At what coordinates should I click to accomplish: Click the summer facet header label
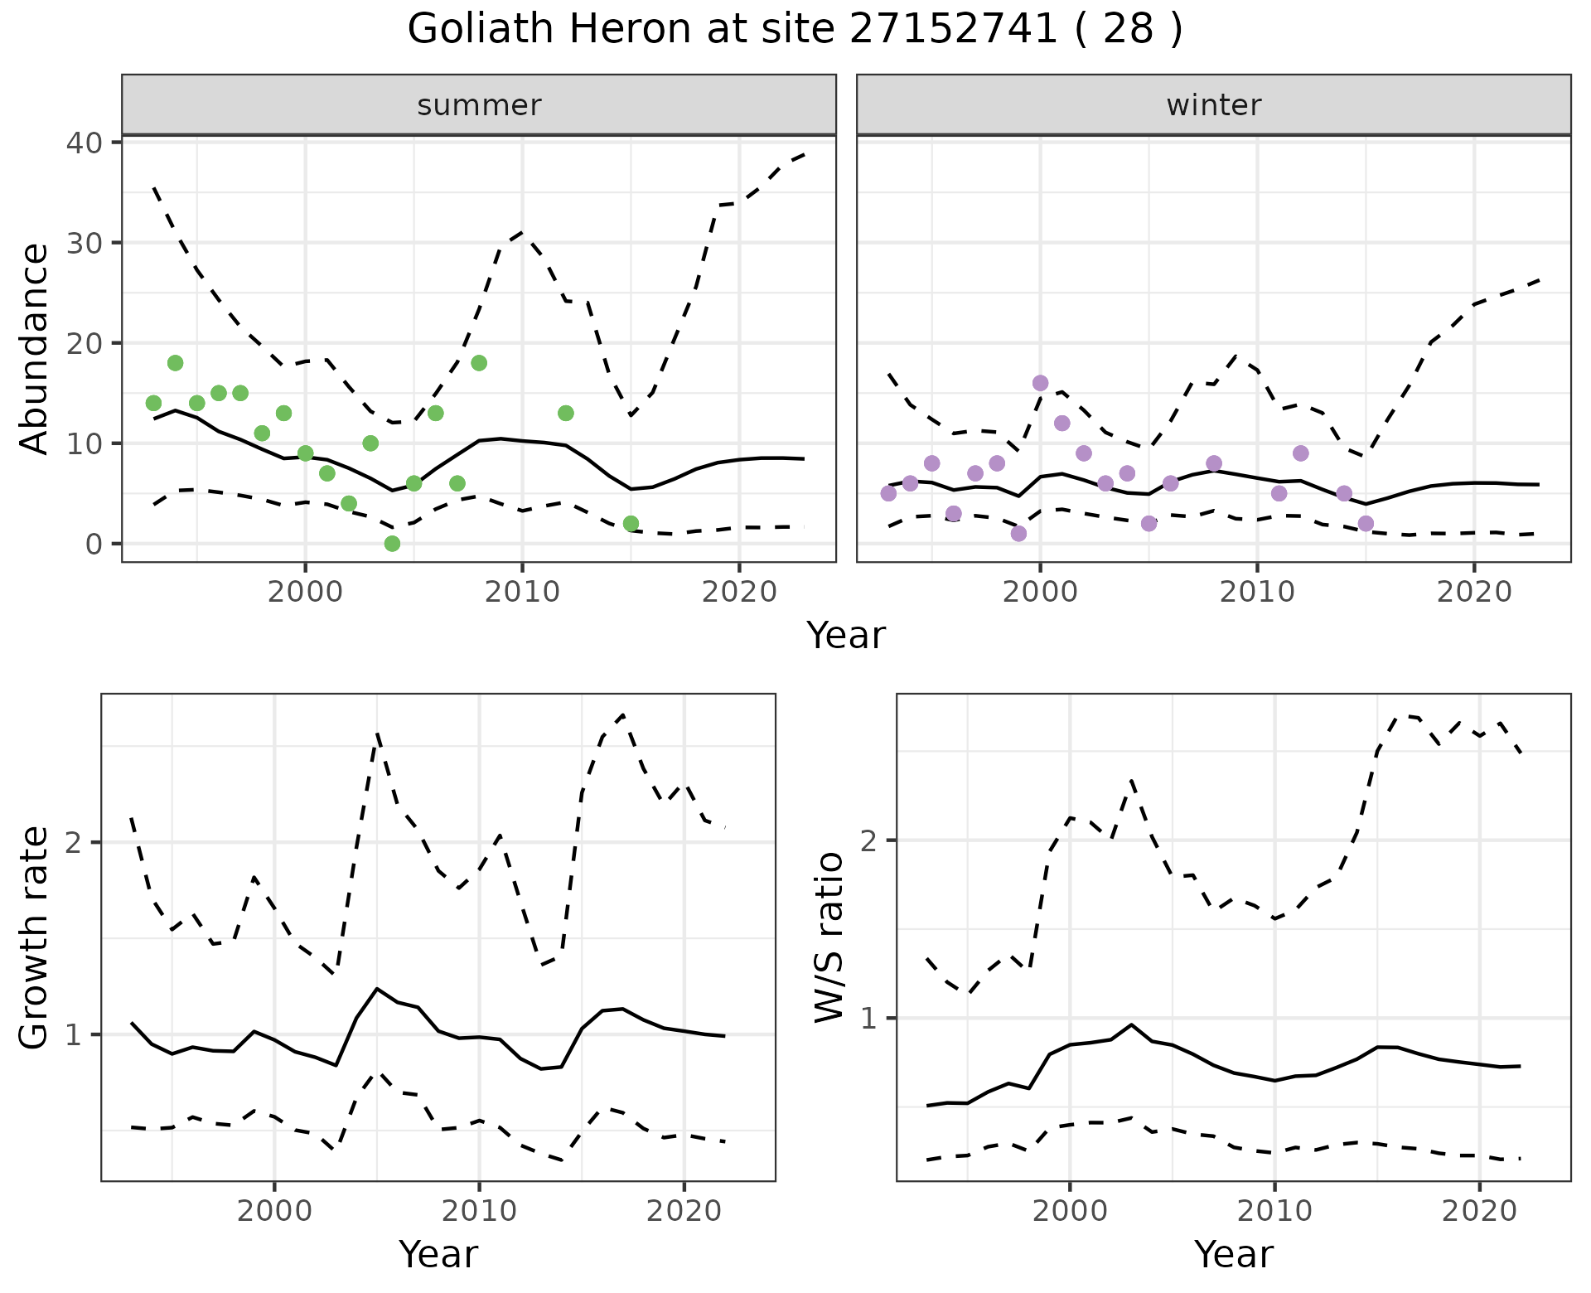coord(479,105)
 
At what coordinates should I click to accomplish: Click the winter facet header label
coord(1213,105)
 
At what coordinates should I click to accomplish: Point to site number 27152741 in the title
coord(954,30)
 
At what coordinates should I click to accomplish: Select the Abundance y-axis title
coord(35,348)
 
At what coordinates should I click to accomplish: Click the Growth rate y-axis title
coord(35,937)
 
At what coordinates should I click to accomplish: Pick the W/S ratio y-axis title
coord(829,937)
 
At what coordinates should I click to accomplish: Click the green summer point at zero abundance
coord(392,544)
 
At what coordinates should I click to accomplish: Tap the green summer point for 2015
coord(631,524)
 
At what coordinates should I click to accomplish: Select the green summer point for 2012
coord(566,413)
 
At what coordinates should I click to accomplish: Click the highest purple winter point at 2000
coord(1041,383)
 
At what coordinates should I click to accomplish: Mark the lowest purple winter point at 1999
coord(1019,534)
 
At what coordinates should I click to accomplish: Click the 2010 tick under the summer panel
coord(522,592)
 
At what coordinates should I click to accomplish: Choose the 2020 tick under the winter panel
coord(1474,592)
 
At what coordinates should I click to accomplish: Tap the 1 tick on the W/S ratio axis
coord(868,1018)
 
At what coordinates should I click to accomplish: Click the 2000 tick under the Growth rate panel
coord(274,1211)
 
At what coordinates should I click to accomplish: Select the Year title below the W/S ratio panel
coord(1233,1255)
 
